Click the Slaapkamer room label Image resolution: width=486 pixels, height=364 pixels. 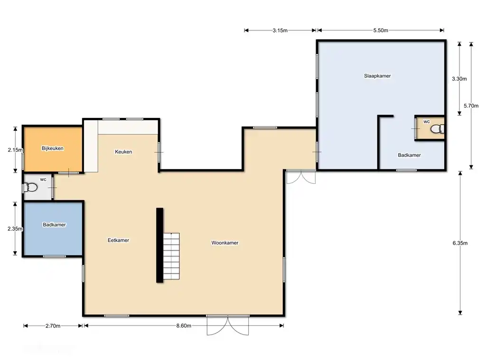[377, 76]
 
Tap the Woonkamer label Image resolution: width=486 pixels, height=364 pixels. [224, 243]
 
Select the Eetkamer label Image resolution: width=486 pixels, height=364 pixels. [118, 240]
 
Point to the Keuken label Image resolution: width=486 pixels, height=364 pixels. [123, 152]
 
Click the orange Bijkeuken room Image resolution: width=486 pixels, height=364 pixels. [53, 148]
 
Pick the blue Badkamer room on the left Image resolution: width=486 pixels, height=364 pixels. [53, 229]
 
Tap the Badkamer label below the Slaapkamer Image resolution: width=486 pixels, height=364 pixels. [409, 155]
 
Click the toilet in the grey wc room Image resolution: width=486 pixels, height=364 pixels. [31, 188]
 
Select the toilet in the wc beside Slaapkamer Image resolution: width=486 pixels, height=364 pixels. [437, 129]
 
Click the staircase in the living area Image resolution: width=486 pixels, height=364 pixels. [171, 256]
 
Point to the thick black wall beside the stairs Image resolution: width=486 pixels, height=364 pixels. [159, 245]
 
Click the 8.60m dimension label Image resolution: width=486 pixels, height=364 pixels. [184, 326]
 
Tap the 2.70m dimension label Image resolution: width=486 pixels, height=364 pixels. [53, 326]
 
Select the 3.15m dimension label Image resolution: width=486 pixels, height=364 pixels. [280, 30]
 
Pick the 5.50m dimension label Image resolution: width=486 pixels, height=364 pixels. [381, 30]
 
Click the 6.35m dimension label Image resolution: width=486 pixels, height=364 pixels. [460, 243]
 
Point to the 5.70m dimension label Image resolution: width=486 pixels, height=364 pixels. [471, 106]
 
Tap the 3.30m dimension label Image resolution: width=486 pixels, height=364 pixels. [459, 79]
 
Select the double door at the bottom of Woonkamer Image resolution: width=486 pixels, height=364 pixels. [228, 325]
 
